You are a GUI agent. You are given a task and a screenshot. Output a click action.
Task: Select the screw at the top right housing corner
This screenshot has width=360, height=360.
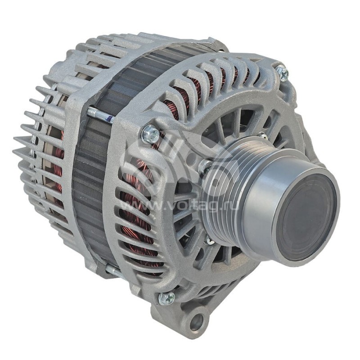pyautogui.click(x=282, y=72)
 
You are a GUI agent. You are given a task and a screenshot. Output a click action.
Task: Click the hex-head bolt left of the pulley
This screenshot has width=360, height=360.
pyautogui.click(x=151, y=134)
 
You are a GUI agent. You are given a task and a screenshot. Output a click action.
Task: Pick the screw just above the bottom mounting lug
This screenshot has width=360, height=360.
pyautogui.click(x=166, y=298)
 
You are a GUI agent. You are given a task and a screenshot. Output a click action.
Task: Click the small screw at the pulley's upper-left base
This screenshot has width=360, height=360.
pyautogui.click(x=205, y=166)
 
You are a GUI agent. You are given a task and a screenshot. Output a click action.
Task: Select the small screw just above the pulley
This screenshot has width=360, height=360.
pyautogui.click(x=262, y=136)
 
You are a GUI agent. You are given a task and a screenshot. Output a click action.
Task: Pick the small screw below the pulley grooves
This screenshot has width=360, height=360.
pyautogui.click(x=210, y=242)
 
